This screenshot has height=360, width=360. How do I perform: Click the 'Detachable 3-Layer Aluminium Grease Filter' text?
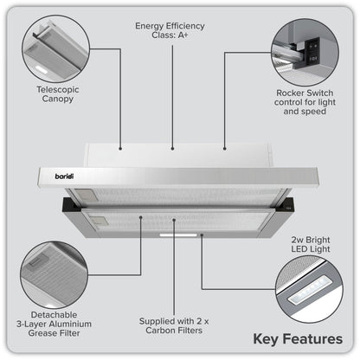click(x=53, y=322)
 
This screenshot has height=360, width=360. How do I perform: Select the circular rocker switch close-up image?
click(x=306, y=48)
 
